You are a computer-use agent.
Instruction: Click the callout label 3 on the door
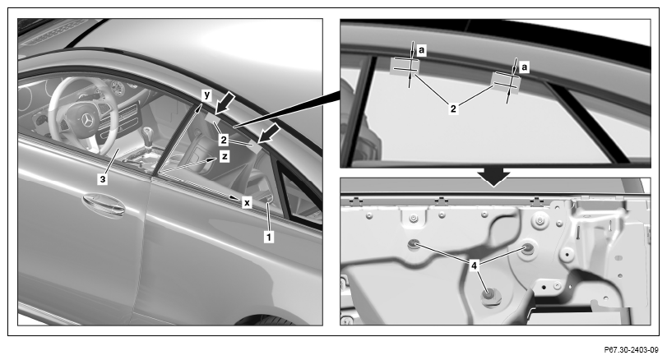tap(103, 179)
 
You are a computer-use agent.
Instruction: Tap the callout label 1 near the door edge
tap(268, 237)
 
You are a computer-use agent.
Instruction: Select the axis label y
tap(206, 95)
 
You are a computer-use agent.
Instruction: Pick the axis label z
tap(225, 156)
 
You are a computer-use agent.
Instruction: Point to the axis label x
tap(247, 202)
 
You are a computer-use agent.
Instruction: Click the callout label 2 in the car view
tap(224, 140)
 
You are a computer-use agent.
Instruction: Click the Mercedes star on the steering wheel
tap(88, 120)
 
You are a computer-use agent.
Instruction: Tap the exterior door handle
tap(104, 205)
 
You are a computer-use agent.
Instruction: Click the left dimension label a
tap(421, 51)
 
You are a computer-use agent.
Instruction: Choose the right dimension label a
tap(524, 67)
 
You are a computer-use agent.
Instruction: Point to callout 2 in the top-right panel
tap(453, 108)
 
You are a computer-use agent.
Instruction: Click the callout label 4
tap(474, 265)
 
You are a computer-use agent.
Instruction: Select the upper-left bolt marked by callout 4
tap(414, 243)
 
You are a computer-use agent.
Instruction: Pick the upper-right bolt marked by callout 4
tap(528, 248)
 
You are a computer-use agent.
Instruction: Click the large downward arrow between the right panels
tap(493, 177)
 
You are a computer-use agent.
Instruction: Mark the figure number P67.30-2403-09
tap(632, 350)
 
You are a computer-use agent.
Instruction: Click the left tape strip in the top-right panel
tap(405, 66)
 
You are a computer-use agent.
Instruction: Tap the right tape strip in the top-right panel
tap(506, 82)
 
